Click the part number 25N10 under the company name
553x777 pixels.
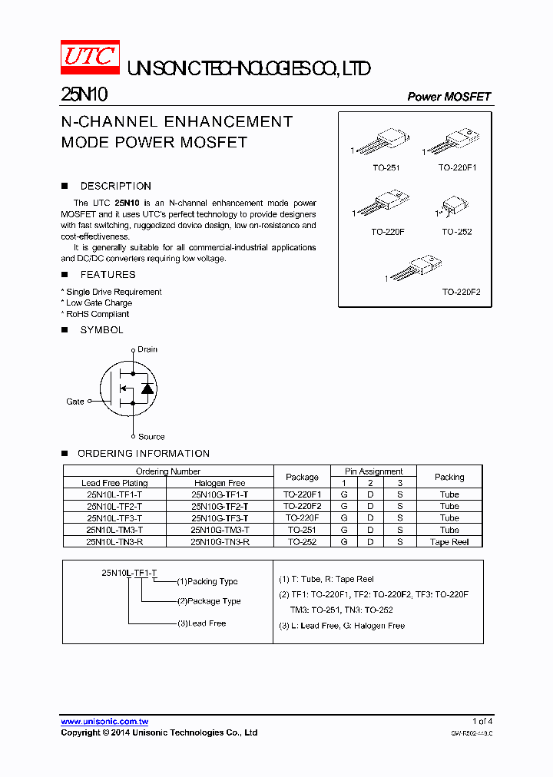click(84, 95)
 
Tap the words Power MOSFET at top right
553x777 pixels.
click(449, 97)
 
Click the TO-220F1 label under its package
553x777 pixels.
click(458, 167)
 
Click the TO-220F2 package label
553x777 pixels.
click(461, 293)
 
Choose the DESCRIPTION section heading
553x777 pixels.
click(115, 186)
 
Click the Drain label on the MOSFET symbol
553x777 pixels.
click(147, 349)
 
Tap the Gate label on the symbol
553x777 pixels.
click(75, 402)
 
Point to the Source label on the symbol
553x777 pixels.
click(151, 437)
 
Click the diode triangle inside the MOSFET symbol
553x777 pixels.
click(147, 388)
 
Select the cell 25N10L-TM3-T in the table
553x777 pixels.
click(114, 530)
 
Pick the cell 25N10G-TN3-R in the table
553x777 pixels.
click(220, 541)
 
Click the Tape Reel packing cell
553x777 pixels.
click(449, 541)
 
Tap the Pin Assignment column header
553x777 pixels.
click(374, 471)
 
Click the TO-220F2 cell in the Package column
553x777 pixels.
click(302, 507)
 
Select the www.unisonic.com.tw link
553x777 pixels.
click(104, 722)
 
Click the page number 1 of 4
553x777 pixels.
click(482, 721)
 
